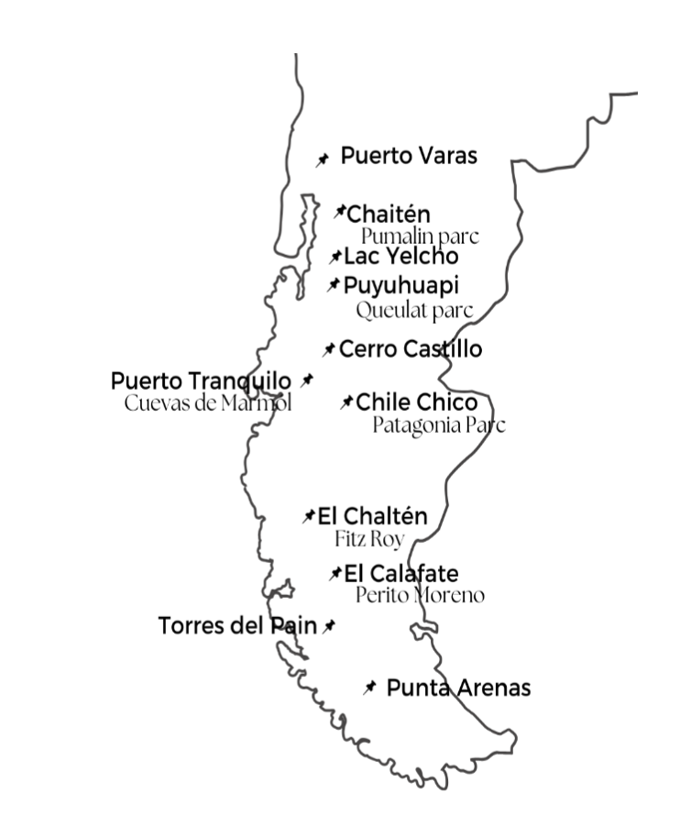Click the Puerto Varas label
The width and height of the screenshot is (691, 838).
[x=409, y=156]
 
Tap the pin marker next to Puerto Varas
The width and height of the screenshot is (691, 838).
[x=323, y=160]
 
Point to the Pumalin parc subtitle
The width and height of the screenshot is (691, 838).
[x=420, y=237]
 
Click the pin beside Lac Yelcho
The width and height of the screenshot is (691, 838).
[x=336, y=258]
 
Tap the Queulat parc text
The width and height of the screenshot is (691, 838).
[x=414, y=310]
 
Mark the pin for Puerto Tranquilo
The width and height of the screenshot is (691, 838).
[x=307, y=380]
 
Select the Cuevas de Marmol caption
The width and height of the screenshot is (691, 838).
[x=208, y=403]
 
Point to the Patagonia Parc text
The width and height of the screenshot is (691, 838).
[x=439, y=425]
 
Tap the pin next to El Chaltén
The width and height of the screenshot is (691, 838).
[x=310, y=517]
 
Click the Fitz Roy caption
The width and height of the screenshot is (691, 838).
[x=369, y=539]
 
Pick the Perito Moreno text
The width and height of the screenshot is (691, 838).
[x=420, y=596]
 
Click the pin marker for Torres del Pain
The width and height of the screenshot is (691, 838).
[x=329, y=626]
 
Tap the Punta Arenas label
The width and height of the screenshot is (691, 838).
[x=458, y=688]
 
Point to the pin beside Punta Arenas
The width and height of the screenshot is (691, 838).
[x=369, y=688]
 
